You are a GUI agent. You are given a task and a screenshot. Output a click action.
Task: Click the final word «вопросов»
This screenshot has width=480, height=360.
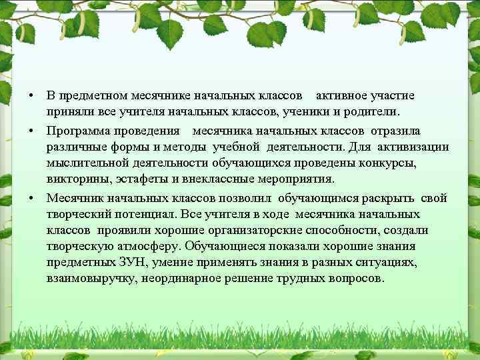pos(357,279)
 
